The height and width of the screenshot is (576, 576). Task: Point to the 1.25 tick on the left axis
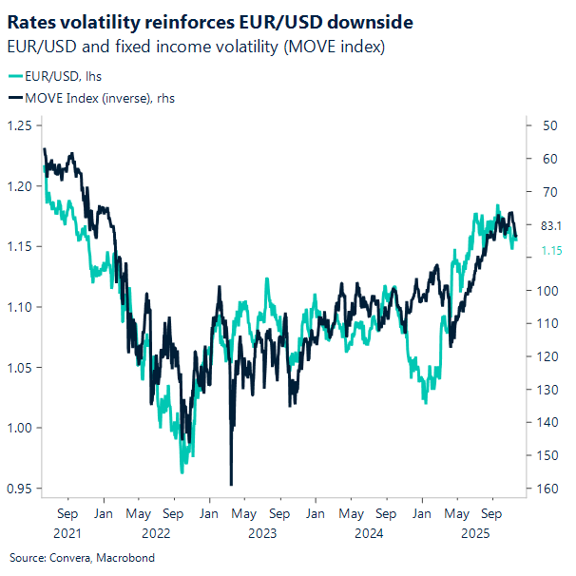pyautogui.click(x=19, y=125)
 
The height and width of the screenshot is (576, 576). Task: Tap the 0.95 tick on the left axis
pyautogui.click(x=19, y=489)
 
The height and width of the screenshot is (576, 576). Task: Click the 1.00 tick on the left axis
pyautogui.click(x=19, y=428)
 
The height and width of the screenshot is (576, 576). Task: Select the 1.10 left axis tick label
pyautogui.click(x=19, y=307)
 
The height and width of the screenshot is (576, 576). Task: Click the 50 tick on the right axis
pyautogui.click(x=547, y=125)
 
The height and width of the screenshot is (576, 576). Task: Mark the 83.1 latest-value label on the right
pyautogui.click(x=551, y=225)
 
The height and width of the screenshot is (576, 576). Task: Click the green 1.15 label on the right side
pyautogui.click(x=551, y=250)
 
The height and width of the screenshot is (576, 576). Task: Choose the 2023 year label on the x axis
pyautogui.click(x=261, y=534)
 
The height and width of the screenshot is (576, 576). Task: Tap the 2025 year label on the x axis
pyautogui.click(x=472, y=534)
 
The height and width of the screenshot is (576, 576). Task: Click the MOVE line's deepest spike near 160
pyautogui.click(x=231, y=484)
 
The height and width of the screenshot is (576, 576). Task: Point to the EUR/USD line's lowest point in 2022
pyautogui.click(x=182, y=471)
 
